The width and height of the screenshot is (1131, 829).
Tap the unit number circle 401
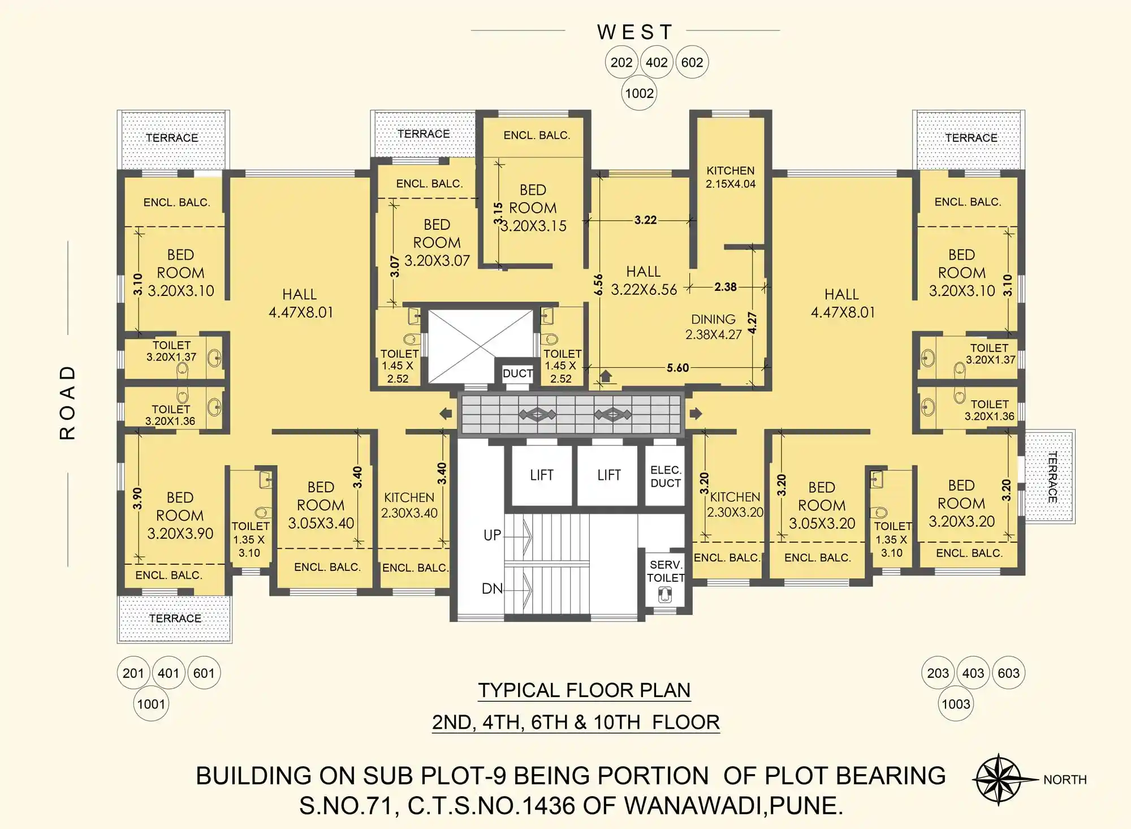[x=169, y=673]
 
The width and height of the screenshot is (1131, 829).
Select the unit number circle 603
[x=1008, y=673]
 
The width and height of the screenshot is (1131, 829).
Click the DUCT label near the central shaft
[x=517, y=373]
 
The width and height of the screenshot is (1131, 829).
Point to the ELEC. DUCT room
[x=665, y=476]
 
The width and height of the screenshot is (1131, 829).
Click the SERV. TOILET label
[x=666, y=571]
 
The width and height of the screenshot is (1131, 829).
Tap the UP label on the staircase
[x=492, y=535]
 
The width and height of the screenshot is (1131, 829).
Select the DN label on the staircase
[x=492, y=589]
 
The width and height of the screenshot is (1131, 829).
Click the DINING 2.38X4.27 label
[x=714, y=327]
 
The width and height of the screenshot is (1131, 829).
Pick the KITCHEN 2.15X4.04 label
[x=730, y=177]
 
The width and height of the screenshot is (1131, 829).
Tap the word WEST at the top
[x=634, y=32]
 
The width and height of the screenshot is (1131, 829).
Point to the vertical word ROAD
[x=67, y=402]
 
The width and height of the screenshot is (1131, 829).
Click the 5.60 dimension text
[x=677, y=368]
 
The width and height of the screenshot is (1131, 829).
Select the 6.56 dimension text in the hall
[x=598, y=285]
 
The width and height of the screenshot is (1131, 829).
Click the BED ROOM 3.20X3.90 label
[x=180, y=516]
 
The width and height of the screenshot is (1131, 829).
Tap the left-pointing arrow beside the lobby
[x=446, y=414]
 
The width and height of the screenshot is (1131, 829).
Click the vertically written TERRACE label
[x=1052, y=476]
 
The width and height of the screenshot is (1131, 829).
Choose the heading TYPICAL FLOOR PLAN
[x=584, y=690]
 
